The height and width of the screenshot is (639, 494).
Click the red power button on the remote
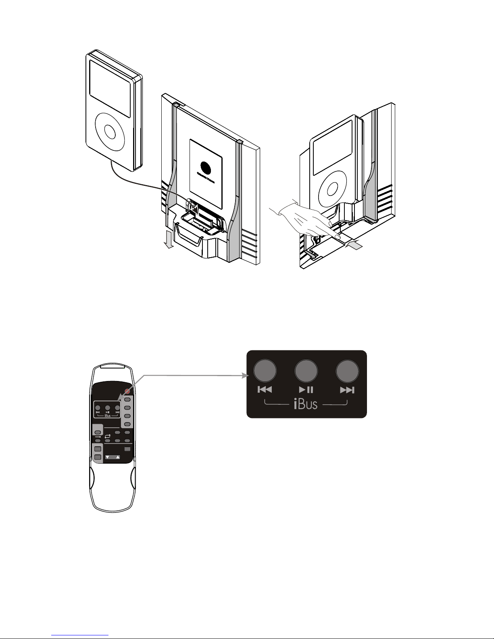point(127,391)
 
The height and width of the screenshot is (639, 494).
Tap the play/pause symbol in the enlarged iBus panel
point(306,390)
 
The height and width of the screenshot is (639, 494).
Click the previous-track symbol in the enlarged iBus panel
point(265,390)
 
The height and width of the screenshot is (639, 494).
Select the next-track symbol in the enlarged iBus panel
point(347,390)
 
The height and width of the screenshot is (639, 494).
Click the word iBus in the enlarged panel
point(306,404)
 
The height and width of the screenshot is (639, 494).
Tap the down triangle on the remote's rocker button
point(107,457)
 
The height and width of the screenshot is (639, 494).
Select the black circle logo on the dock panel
point(205,167)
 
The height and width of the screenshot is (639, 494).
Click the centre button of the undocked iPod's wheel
point(110,131)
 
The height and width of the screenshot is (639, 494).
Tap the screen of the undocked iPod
point(110,83)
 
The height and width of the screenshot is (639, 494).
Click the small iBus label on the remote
point(108,416)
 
